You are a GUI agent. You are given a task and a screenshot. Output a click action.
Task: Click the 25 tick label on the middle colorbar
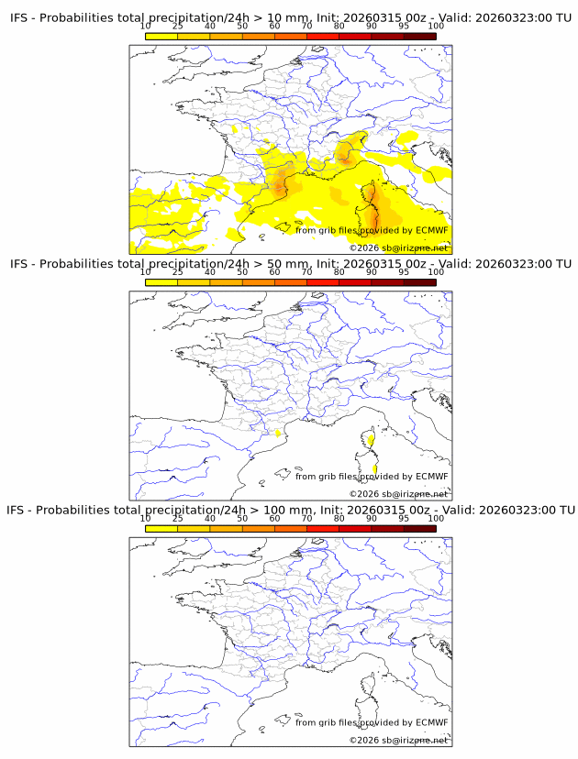point(177,272)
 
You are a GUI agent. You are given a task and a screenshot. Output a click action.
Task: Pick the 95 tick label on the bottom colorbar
point(403,518)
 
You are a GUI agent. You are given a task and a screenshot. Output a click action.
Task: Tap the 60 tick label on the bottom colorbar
point(274,518)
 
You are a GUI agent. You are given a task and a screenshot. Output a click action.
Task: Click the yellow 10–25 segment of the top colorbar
point(161,35)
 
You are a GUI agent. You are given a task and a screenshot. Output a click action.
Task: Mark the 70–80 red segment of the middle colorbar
point(322,281)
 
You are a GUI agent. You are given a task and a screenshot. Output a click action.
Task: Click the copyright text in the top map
point(398,247)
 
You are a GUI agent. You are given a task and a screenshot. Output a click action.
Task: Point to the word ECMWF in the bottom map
point(431,722)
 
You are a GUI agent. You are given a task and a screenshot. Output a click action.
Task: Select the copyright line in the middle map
point(398,493)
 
